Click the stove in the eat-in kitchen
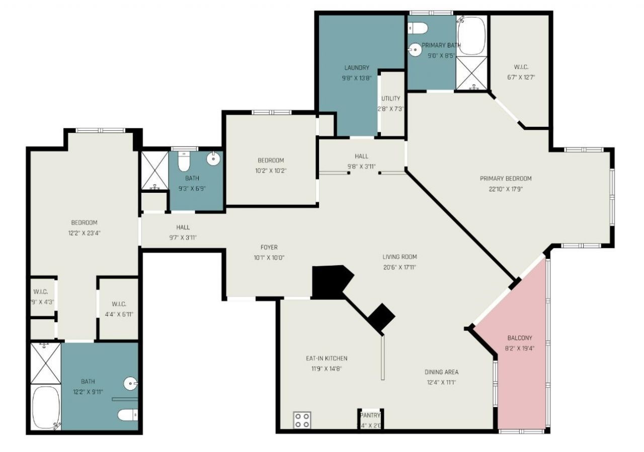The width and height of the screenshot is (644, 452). [x=302, y=420]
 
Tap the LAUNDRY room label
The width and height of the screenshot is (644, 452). [x=357, y=67]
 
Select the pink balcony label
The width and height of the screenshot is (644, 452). [x=519, y=338]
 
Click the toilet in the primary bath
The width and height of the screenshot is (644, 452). [x=418, y=27]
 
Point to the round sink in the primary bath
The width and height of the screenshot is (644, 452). [x=416, y=49]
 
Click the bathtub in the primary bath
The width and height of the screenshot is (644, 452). [x=471, y=36]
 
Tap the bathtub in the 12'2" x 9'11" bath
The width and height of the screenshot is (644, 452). [x=46, y=407]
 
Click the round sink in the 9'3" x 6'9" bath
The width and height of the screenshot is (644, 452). [x=213, y=159]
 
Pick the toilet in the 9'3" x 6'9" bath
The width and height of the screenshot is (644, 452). [x=184, y=162]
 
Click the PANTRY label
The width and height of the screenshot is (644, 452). [x=370, y=415]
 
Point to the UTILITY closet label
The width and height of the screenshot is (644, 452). [x=390, y=99]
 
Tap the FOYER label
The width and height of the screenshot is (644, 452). [x=269, y=247]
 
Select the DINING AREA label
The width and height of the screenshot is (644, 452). [x=441, y=372]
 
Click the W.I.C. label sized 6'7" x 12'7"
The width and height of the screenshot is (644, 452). [x=521, y=67]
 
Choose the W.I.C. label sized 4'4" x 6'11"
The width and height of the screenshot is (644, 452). [x=119, y=304]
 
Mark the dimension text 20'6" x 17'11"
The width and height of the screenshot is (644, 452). [x=399, y=267]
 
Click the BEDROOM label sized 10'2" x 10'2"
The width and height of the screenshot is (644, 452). [x=271, y=161]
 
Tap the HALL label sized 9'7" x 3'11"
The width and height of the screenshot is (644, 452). [x=183, y=228]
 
